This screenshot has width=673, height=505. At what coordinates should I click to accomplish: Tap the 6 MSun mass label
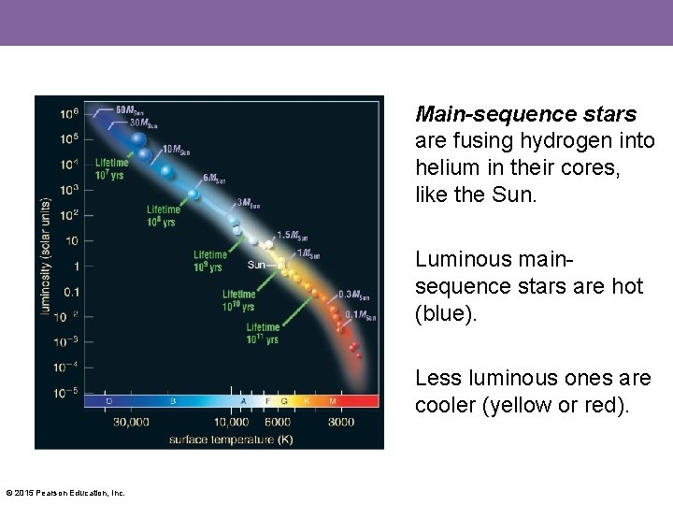(x=214, y=178)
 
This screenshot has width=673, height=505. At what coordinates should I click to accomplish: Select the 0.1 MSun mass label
(x=360, y=315)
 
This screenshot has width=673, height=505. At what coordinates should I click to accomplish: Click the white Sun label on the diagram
(x=257, y=265)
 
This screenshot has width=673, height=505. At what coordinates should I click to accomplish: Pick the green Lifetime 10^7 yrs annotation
(x=111, y=168)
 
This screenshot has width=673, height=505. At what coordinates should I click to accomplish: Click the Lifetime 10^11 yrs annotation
(x=263, y=333)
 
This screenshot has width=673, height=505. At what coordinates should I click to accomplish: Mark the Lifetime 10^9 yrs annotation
(x=209, y=261)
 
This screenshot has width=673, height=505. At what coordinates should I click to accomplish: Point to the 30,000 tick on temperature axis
(x=131, y=422)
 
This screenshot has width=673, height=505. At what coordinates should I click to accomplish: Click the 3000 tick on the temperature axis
(x=340, y=422)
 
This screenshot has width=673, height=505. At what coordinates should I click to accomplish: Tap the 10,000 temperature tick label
(x=232, y=422)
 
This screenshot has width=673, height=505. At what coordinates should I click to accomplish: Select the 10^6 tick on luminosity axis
(x=69, y=114)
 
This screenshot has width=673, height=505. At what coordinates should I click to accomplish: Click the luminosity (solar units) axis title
(x=45, y=255)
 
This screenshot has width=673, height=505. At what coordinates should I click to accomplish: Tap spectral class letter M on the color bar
(x=332, y=401)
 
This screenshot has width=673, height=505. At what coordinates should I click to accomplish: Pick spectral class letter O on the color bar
(x=109, y=401)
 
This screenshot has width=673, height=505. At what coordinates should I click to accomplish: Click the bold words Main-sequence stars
(x=526, y=114)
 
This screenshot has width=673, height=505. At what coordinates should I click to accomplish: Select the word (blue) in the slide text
(x=446, y=313)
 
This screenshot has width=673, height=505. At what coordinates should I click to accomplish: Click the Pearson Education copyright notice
(x=65, y=493)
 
